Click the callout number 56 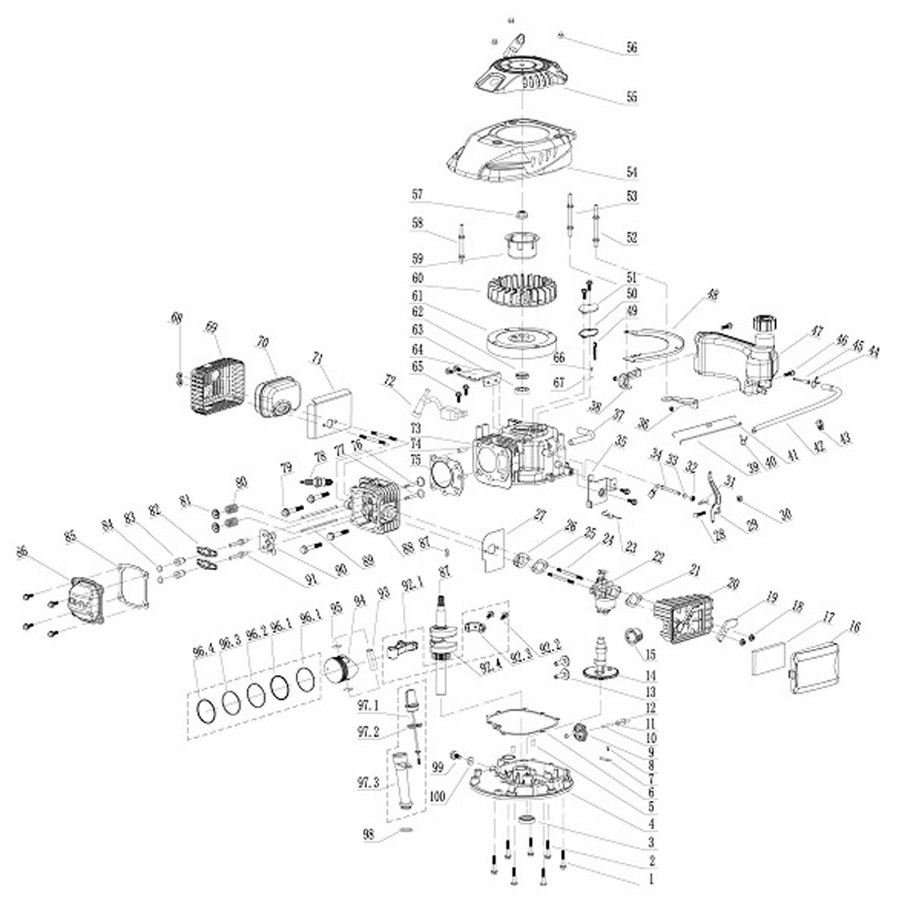[x=632, y=47]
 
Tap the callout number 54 [x=632, y=172]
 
